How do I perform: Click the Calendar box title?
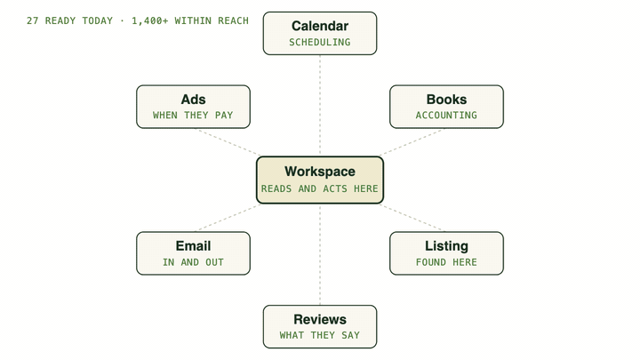point(320,26)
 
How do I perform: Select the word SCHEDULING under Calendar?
point(320,42)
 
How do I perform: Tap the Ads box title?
point(194,100)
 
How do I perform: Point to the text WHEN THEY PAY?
point(193,115)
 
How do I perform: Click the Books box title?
point(446,100)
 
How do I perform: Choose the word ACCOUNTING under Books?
point(446,115)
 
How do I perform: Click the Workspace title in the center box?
point(320,172)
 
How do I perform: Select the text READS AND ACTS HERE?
point(320,188)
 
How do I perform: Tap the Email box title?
point(194,246)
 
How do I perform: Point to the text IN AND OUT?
point(193,262)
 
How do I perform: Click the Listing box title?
point(446,246)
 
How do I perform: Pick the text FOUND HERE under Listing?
point(446,262)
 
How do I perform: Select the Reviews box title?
point(320,319)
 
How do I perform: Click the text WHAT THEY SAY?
point(320,335)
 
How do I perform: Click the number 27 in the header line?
point(33,20)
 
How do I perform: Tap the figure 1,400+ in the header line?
point(150,20)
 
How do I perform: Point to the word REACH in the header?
point(233,20)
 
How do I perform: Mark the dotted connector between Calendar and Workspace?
point(320,106)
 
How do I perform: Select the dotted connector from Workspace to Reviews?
point(320,254)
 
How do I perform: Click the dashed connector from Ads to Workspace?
point(228,142)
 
